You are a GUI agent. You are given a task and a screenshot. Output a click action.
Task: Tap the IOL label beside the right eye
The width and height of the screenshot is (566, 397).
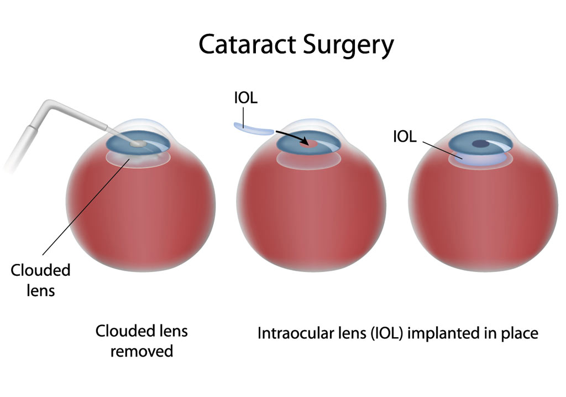(405, 137)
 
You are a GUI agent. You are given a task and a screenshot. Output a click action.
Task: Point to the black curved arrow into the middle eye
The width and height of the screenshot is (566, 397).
(288, 136)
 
